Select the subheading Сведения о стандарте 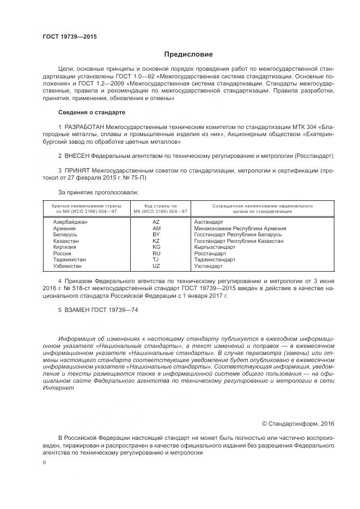(91, 112)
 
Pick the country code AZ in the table (156, 222)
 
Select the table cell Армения (64, 228)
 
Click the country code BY (156, 234)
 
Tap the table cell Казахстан (66, 241)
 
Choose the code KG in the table (156, 247)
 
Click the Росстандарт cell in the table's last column (210, 253)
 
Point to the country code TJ (156, 260)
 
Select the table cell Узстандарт (208, 266)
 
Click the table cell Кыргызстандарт (215, 247)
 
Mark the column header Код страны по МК (156, 206)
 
